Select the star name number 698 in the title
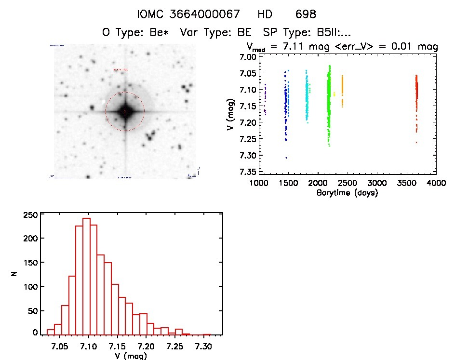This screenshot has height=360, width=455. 306,14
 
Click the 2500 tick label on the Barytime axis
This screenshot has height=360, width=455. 348,183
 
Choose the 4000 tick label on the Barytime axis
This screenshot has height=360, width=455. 436,183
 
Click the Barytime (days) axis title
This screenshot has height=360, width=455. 347,193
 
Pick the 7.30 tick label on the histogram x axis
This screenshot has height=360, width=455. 203,347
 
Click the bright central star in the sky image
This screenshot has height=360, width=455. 125,111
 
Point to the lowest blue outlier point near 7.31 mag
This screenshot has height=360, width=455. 286,158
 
